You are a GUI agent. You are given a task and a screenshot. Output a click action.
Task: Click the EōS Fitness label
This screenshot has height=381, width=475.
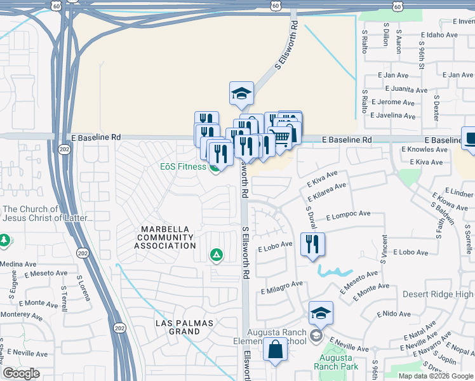[x=182, y=167]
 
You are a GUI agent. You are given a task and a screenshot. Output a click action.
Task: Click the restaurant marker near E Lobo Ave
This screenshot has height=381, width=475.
[x=312, y=244]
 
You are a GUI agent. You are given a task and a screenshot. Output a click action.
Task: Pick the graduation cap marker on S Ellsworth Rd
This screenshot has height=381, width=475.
[x=241, y=94]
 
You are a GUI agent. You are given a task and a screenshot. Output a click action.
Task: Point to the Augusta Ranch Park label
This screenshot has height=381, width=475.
[x=336, y=362]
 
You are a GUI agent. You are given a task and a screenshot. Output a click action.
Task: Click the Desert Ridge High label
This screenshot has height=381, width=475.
[x=438, y=294]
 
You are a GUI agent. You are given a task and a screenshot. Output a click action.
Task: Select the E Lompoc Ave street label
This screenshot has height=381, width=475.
[x=347, y=216]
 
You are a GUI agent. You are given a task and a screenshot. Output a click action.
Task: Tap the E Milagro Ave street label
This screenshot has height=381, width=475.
[x=282, y=287]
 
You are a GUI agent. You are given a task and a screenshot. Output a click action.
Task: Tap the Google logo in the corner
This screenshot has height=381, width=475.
[x=21, y=373]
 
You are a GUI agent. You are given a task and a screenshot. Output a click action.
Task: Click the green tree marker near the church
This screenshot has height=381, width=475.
[x=4, y=241]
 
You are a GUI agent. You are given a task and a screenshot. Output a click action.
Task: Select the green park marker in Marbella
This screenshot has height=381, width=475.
[x=217, y=255]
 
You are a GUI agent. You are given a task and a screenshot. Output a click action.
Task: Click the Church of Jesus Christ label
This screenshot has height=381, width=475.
[x=48, y=213]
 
